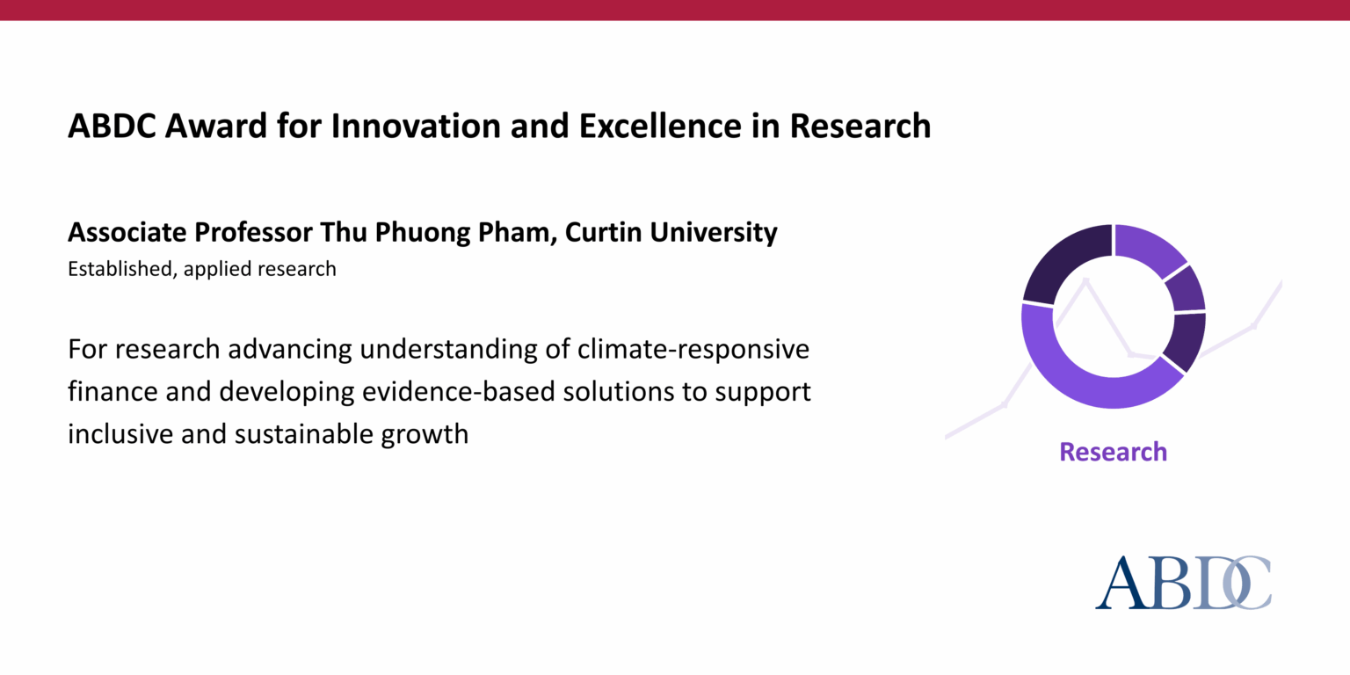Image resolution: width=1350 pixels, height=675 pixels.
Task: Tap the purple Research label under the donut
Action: click(x=1113, y=452)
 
